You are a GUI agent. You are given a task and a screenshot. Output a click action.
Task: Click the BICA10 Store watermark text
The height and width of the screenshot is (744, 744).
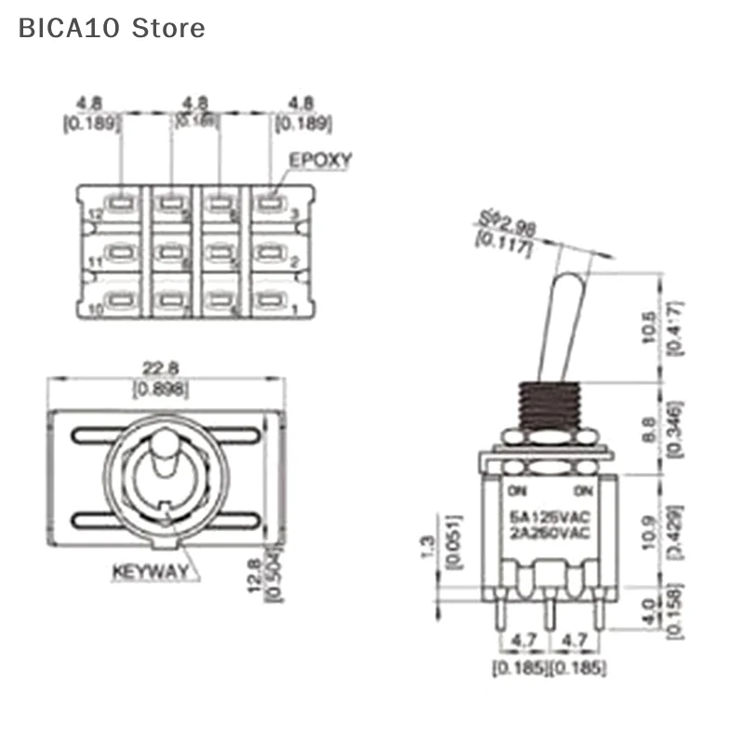(112, 28)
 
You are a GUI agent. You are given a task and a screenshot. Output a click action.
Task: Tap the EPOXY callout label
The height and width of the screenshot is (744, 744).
(320, 160)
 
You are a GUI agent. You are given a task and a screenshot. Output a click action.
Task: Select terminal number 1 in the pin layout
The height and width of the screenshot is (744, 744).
(296, 310)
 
